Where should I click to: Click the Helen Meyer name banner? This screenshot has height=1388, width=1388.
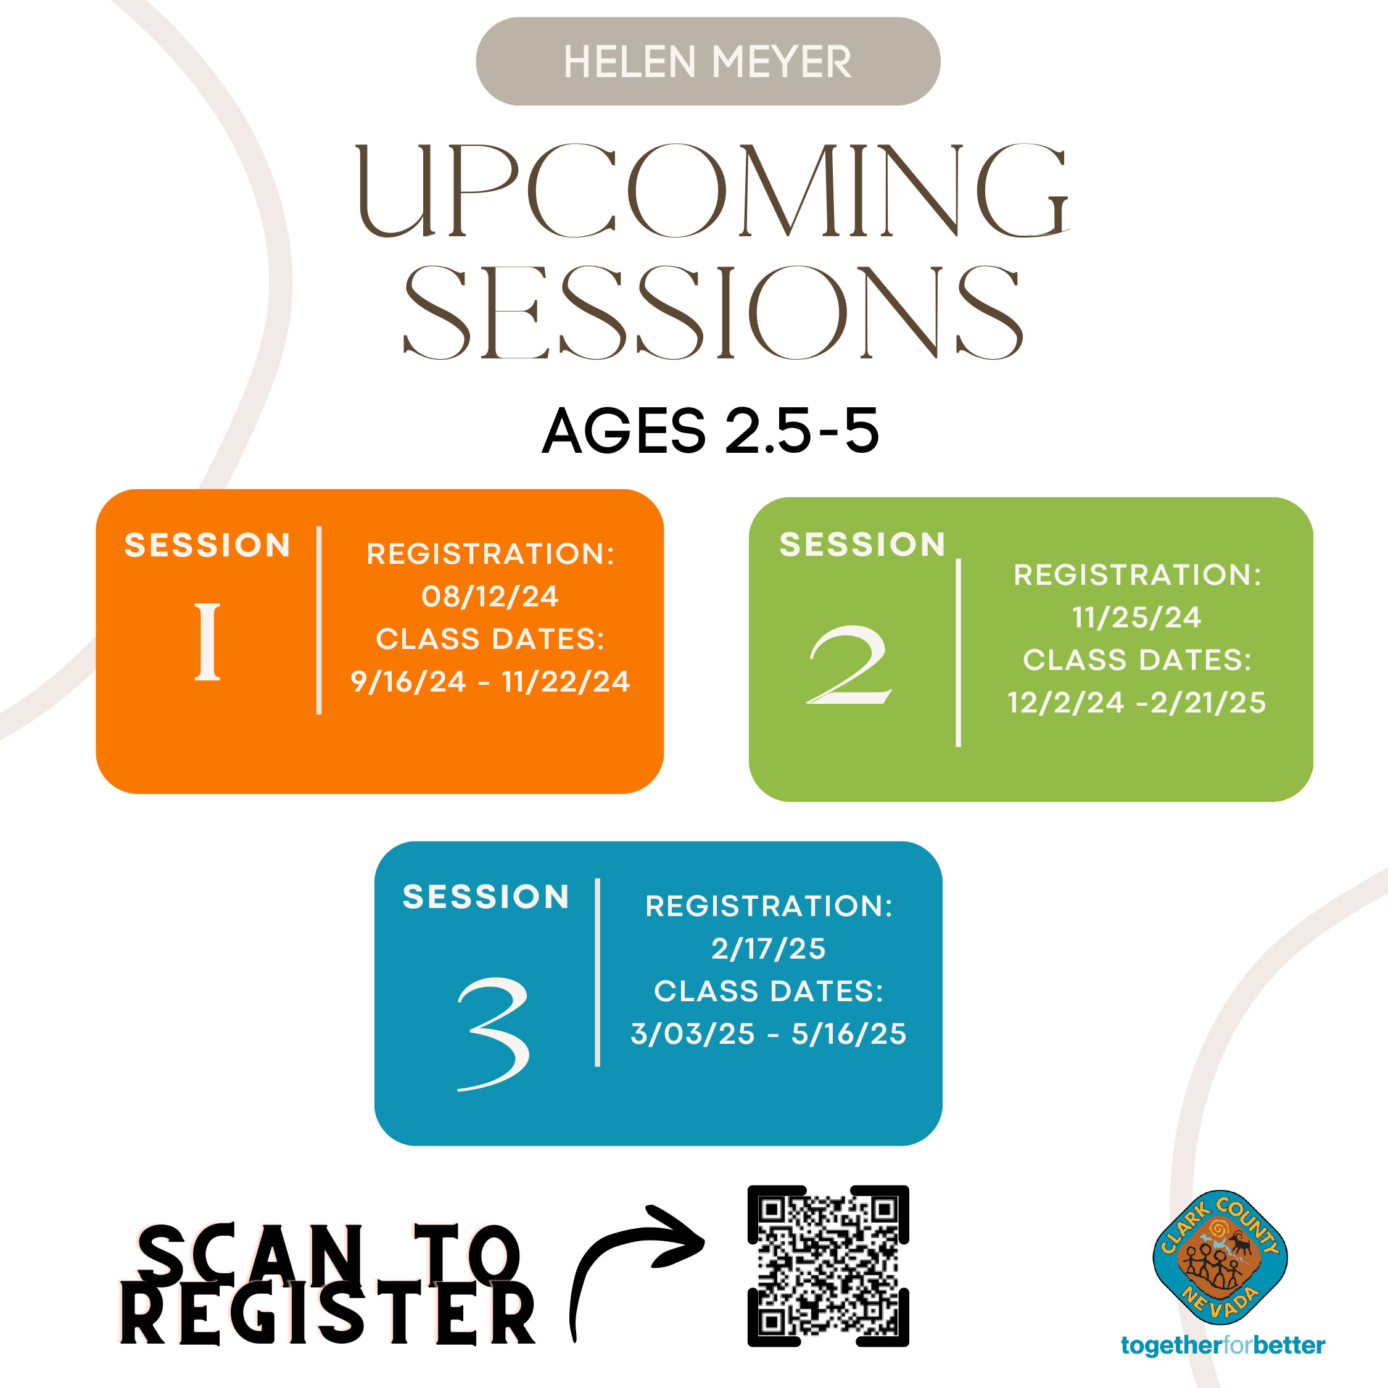point(708,62)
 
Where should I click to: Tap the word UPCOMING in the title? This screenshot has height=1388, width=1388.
point(713,191)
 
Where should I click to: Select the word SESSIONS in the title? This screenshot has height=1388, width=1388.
point(712,313)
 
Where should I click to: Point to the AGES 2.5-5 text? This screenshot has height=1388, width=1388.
point(711,431)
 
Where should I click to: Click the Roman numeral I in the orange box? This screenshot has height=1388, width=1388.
point(208,642)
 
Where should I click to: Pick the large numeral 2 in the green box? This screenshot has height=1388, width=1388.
point(849,664)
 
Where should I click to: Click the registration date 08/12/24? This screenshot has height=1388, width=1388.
point(490,597)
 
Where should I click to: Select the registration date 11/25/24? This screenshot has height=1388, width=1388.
point(1136,617)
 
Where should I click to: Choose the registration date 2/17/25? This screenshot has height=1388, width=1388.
point(769,948)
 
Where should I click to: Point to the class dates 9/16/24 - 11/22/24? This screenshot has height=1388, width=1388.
point(490,681)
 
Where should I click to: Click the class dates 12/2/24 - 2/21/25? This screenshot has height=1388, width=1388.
point(1136,703)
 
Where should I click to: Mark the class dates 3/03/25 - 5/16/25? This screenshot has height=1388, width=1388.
point(769,1034)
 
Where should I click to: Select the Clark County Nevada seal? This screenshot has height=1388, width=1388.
point(1220,1258)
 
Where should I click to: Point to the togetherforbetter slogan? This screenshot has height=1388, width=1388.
point(1223,1345)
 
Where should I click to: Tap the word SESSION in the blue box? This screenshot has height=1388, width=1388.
point(486,896)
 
